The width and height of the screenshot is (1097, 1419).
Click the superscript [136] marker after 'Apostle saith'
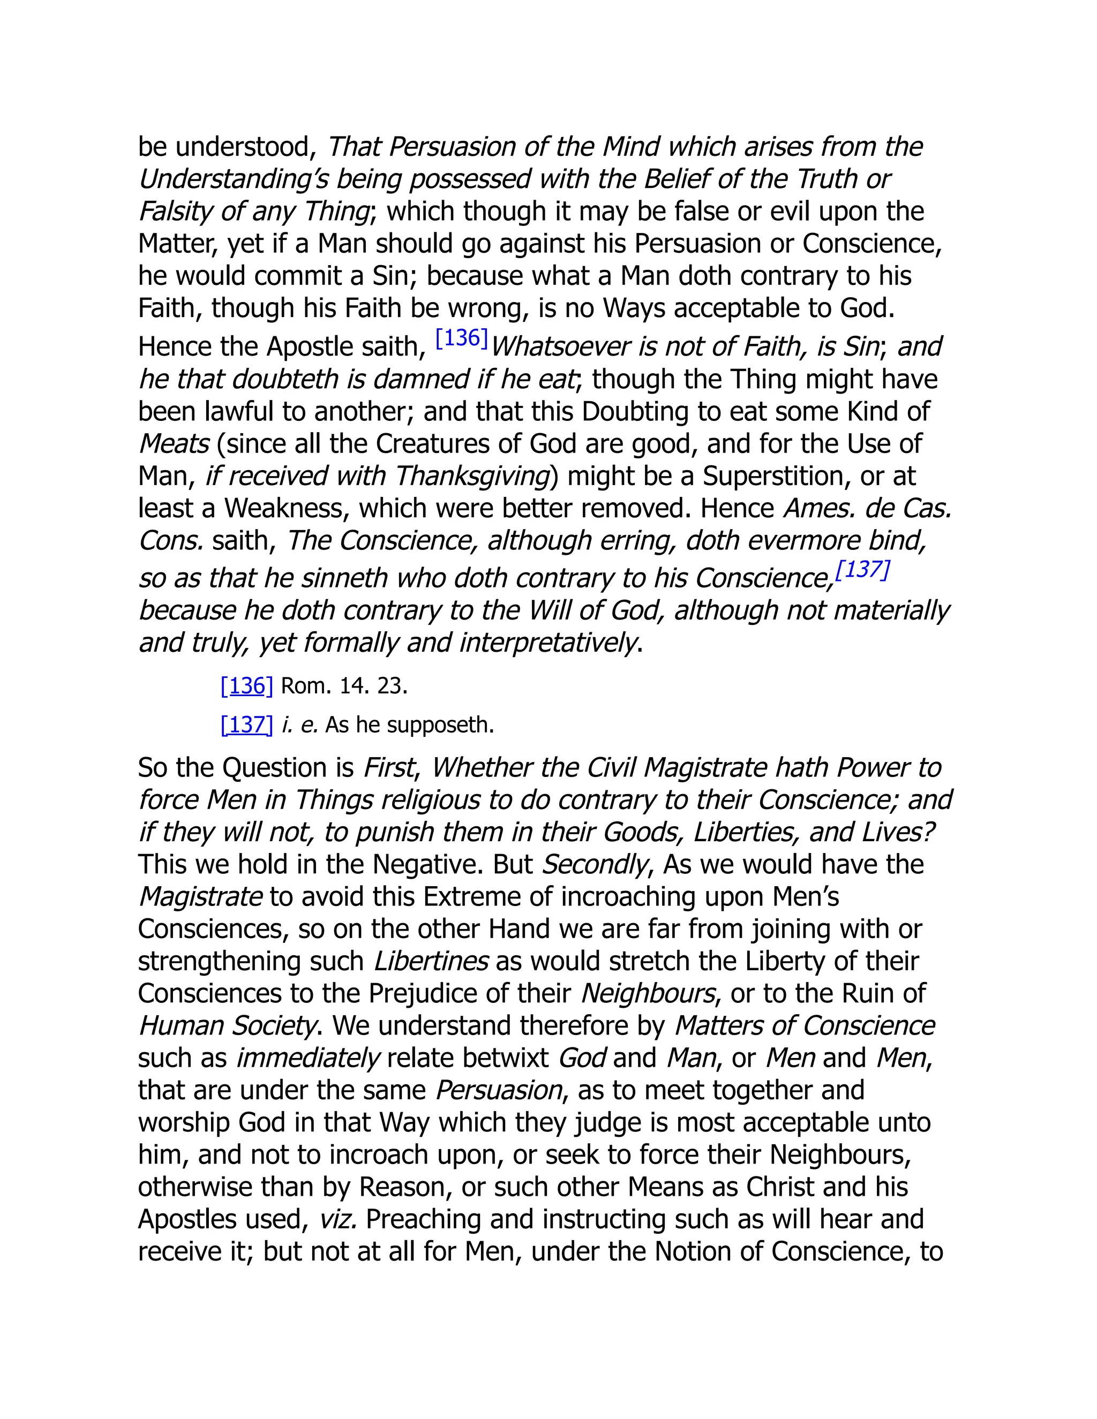tap(461, 338)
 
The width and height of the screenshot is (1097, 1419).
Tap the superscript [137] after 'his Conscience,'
tap(862, 570)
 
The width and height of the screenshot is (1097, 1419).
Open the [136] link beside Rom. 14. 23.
tap(247, 685)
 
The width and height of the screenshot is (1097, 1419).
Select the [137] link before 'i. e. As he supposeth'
tap(247, 724)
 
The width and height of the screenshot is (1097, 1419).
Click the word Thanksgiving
tap(472, 476)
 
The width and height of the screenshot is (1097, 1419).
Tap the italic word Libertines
tap(431, 961)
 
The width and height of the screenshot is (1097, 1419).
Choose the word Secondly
tap(595, 865)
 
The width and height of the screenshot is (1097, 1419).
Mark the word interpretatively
tap(547, 643)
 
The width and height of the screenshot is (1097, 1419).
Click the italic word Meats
tap(174, 444)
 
